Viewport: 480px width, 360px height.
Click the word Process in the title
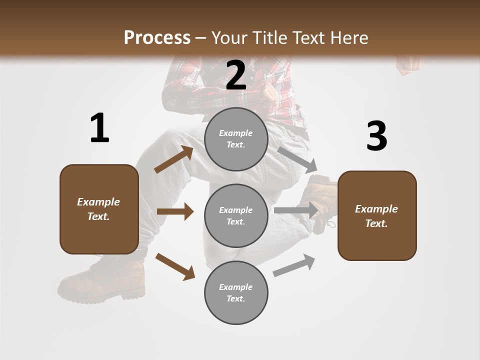[x=157, y=37]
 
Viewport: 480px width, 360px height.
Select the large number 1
[x=99, y=128]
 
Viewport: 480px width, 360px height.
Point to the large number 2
[x=236, y=76]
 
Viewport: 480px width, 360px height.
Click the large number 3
[x=376, y=136]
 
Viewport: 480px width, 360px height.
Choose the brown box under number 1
[x=99, y=209]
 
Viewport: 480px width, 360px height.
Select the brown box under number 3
[x=377, y=215]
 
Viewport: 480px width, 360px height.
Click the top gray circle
[x=236, y=139]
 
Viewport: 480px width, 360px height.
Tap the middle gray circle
[x=236, y=215]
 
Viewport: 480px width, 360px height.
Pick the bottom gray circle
[x=236, y=292]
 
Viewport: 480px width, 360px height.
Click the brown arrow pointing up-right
[x=174, y=159]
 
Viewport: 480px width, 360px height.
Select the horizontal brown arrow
[x=175, y=211]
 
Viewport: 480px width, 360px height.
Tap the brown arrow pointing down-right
[x=175, y=266]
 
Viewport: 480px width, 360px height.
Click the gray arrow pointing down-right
[x=297, y=158]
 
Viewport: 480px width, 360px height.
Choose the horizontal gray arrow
[x=296, y=210]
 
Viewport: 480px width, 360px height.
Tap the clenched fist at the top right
[x=409, y=65]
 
